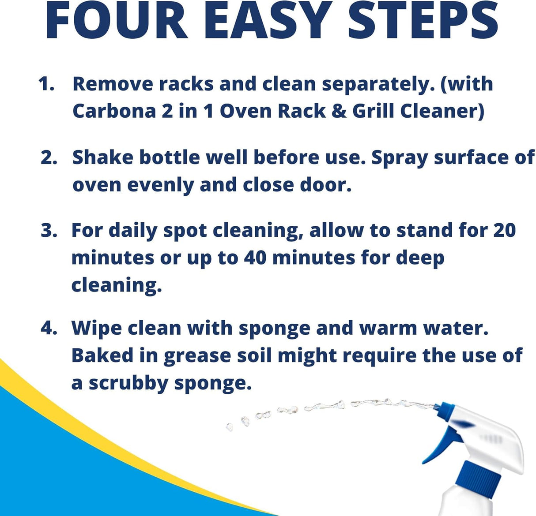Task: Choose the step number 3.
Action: tap(49, 230)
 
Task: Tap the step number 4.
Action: tap(49, 328)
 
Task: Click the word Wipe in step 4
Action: tap(96, 328)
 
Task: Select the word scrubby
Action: tap(128, 383)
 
